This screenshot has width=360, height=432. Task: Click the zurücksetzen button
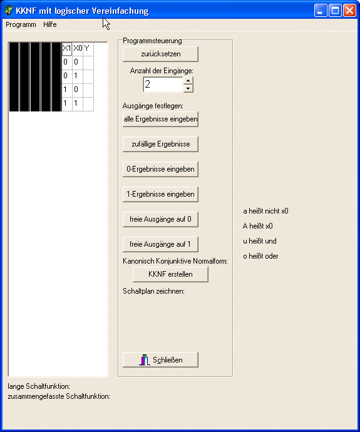pyautogui.click(x=160, y=54)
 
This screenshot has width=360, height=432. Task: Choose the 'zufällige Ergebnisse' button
pyautogui.click(x=160, y=144)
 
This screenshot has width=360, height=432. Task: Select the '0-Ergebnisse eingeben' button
pyautogui.click(x=160, y=169)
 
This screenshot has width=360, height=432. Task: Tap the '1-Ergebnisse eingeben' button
pyautogui.click(x=160, y=194)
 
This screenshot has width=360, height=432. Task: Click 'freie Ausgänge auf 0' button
pyautogui.click(x=160, y=219)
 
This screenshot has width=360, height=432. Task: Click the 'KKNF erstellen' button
pyautogui.click(x=170, y=274)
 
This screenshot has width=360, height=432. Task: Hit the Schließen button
pyautogui.click(x=160, y=360)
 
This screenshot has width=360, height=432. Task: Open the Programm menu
pyautogui.click(x=21, y=24)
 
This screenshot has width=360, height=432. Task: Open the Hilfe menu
pyautogui.click(x=50, y=24)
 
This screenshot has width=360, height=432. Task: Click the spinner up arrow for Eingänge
pyautogui.click(x=188, y=80)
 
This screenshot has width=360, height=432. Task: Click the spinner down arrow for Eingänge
pyautogui.click(x=188, y=88)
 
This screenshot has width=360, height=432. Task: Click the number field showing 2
pyautogui.click(x=163, y=85)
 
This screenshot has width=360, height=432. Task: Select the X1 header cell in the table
pyautogui.click(x=67, y=49)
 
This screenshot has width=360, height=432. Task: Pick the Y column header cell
pyautogui.click(x=88, y=49)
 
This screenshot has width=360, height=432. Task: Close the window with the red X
pyautogui.click(x=349, y=11)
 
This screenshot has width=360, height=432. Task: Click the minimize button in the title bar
pyautogui.click(x=321, y=11)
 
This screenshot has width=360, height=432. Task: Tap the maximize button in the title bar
pyautogui.click(x=335, y=11)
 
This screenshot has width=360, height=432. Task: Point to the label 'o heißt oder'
pyautogui.click(x=260, y=256)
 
